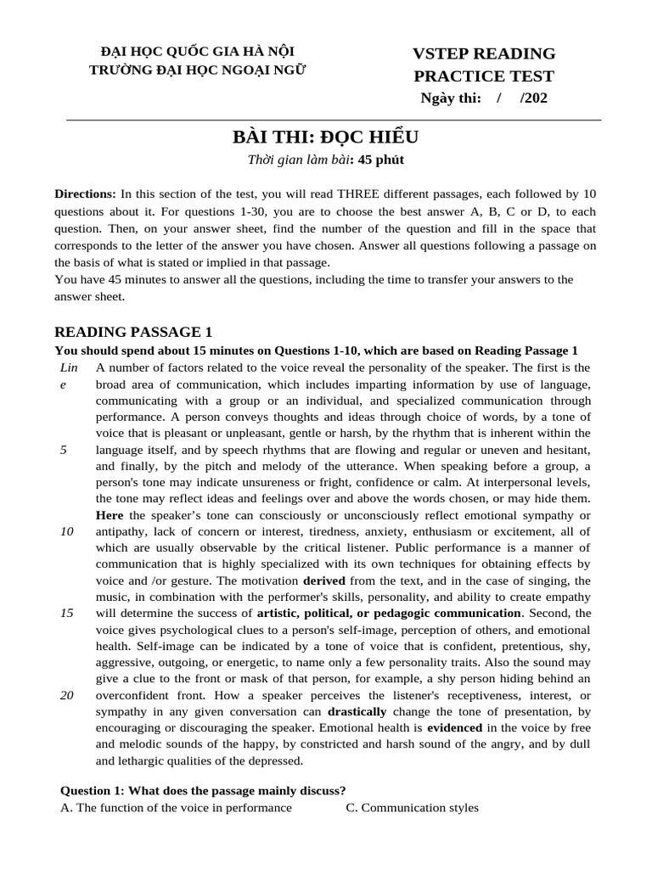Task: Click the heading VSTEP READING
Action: (484, 53)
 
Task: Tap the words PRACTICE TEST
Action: (484, 76)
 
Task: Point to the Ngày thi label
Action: (451, 98)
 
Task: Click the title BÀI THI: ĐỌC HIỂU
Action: (326, 137)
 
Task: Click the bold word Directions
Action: (85, 194)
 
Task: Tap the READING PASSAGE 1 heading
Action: (133, 331)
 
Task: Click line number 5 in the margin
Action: (64, 449)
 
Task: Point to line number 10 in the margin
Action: (66, 530)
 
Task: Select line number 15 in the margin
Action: (66, 612)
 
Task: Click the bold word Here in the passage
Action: (110, 514)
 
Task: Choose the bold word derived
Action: (323, 580)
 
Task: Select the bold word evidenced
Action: (455, 727)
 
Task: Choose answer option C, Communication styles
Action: (412, 807)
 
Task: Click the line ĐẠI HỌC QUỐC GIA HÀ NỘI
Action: (198, 52)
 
